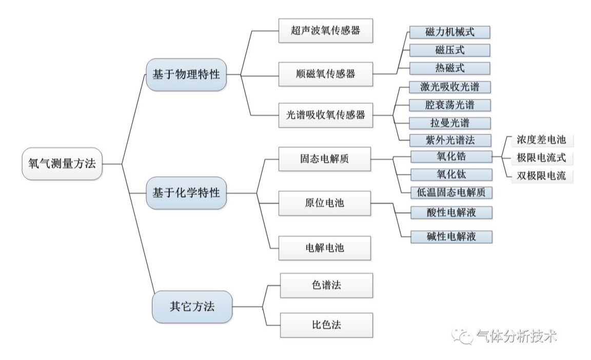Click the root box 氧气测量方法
[62, 164]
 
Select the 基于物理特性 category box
[186, 75]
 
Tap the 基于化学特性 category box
[186, 193]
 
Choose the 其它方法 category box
[192, 307]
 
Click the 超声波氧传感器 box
[324, 31]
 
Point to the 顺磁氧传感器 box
[324, 74]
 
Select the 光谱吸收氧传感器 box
[325, 115]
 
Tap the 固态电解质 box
[324, 159]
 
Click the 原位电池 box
[324, 203]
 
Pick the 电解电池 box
[324, 248]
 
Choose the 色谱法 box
[326, 286]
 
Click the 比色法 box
[326, 325]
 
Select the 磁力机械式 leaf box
[450, 32]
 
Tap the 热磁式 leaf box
[450, 68]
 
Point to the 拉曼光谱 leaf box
[450, 123]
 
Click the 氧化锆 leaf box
[450, 156]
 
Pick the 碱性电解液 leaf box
[450, 236]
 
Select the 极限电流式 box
[541, 158]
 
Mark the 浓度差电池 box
[541, 140]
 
